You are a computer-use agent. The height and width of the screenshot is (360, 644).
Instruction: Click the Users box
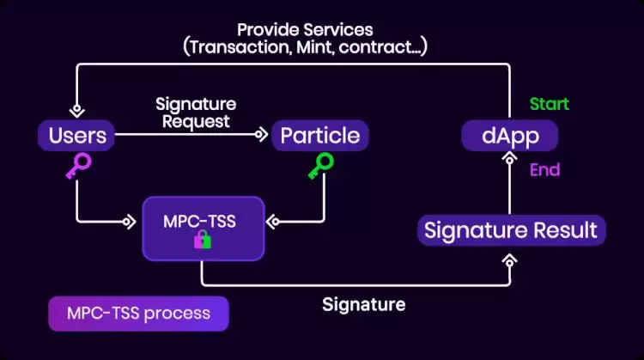[x=77, y=135]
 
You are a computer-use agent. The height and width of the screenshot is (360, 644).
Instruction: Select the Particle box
[x=320, y=135]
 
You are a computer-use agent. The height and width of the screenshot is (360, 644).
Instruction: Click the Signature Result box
[x=511, y=230]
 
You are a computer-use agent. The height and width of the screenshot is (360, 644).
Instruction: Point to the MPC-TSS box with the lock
[x=202, y=227]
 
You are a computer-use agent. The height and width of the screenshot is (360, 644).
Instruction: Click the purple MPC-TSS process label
[x=138, y=313]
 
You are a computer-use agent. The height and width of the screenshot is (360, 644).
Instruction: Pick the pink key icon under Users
[x=77, y=167]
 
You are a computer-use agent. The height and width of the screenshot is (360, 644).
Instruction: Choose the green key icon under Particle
[x=321, y=167]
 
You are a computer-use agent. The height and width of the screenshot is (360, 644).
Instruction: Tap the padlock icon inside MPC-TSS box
[x=202, y=240]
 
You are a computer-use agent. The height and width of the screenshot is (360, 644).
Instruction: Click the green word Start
[x=549, y=104]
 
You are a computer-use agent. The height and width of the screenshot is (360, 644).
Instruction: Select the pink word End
[x=544, y=169]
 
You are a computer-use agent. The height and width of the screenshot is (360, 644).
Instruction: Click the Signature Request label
[x=196, y=113]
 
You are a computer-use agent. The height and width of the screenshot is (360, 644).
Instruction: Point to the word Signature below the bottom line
[x=363, y=303]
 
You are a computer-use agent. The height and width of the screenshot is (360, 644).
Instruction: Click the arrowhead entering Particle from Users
[x=260, y=135]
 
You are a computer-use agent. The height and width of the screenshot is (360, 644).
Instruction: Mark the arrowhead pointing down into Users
[x=77, y=110]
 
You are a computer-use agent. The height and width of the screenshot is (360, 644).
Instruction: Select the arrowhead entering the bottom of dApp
[x=509, y=160]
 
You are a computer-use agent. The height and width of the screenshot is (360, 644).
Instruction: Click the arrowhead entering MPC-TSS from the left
[x=129, y=222]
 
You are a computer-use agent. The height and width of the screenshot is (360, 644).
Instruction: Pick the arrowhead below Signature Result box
[x=510, y=257]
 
